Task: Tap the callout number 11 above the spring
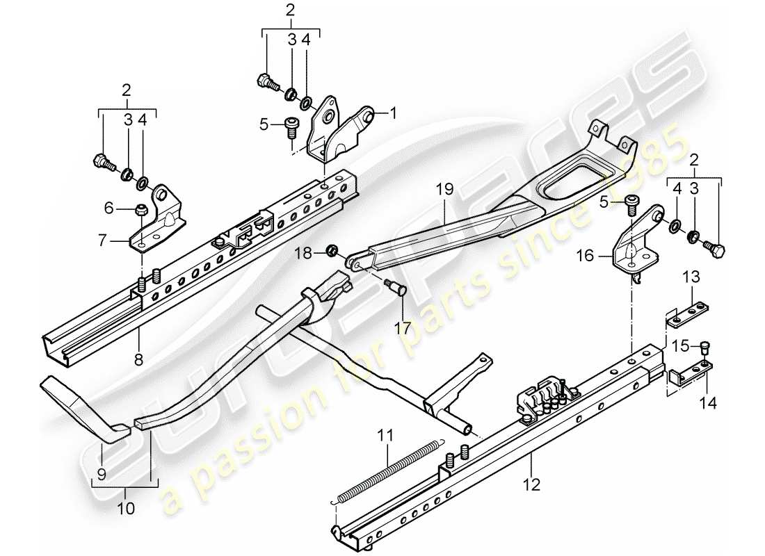386,436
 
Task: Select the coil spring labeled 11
389,469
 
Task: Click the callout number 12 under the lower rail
532,484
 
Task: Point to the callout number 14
711,401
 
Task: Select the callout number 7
102,241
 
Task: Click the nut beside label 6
141,208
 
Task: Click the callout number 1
393,111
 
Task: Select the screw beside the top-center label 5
291,126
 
